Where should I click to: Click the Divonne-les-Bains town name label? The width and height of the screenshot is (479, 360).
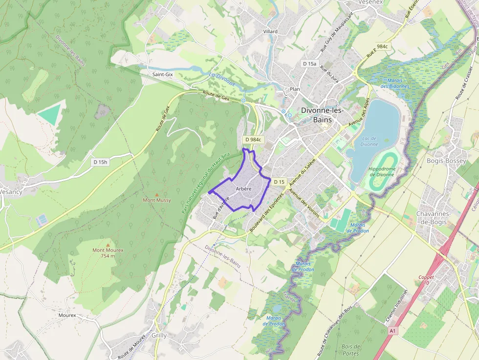pyautogui.click(x=323, y=115)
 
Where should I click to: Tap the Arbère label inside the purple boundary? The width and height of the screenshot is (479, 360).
pyautogui.click(x=243, y=189)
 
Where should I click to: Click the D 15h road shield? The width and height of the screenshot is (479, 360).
pyautogui.click(x=100, y=162)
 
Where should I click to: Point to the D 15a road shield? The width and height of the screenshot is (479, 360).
pyautogui.click(x=309, y=64)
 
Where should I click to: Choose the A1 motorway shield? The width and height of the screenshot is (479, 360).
pyautogui.click(x=392, y=331)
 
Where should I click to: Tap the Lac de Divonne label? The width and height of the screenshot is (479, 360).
pyautogui.click(x=370, y=141)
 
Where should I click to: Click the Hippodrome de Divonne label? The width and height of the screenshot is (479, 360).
pyautogui.click(x=382, y=171)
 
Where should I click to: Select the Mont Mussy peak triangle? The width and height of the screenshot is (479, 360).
pyautogui.click(x=157, y=194)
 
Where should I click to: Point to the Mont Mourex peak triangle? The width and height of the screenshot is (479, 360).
pyautogui.click(x=108, y=245)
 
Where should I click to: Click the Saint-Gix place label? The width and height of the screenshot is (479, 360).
pyautogui.click(x=163, y=75)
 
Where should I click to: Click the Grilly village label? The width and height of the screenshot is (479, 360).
pyautogui.click(x=159, y=336)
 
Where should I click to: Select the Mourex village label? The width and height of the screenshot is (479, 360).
pyautogui.click(x=67, y=315)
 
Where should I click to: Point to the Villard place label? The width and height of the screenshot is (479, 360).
pyautogui.click(x=270, y=31)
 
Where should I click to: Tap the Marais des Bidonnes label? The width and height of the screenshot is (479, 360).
pyautogui.click(x=394, y=83)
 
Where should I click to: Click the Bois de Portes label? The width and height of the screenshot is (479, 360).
pyautogui.click(x=350, y=350)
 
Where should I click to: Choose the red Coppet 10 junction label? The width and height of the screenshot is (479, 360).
pyautogui.click(x=426, y=280)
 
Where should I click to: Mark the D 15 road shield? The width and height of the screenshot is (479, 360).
pyautogui.click(x=279, y=182)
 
